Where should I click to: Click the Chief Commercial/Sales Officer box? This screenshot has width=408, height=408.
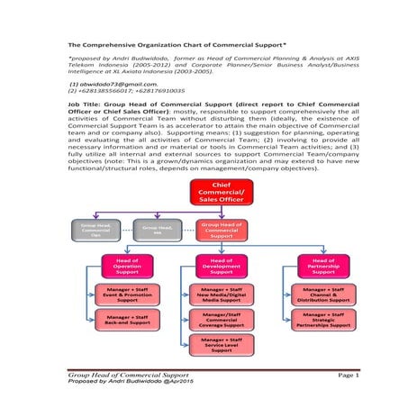click(221, 193)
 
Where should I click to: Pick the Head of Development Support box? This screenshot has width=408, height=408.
click(221, 267)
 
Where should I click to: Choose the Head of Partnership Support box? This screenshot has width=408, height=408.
click(322, 267)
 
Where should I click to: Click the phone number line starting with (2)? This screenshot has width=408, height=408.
click(126, 90)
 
